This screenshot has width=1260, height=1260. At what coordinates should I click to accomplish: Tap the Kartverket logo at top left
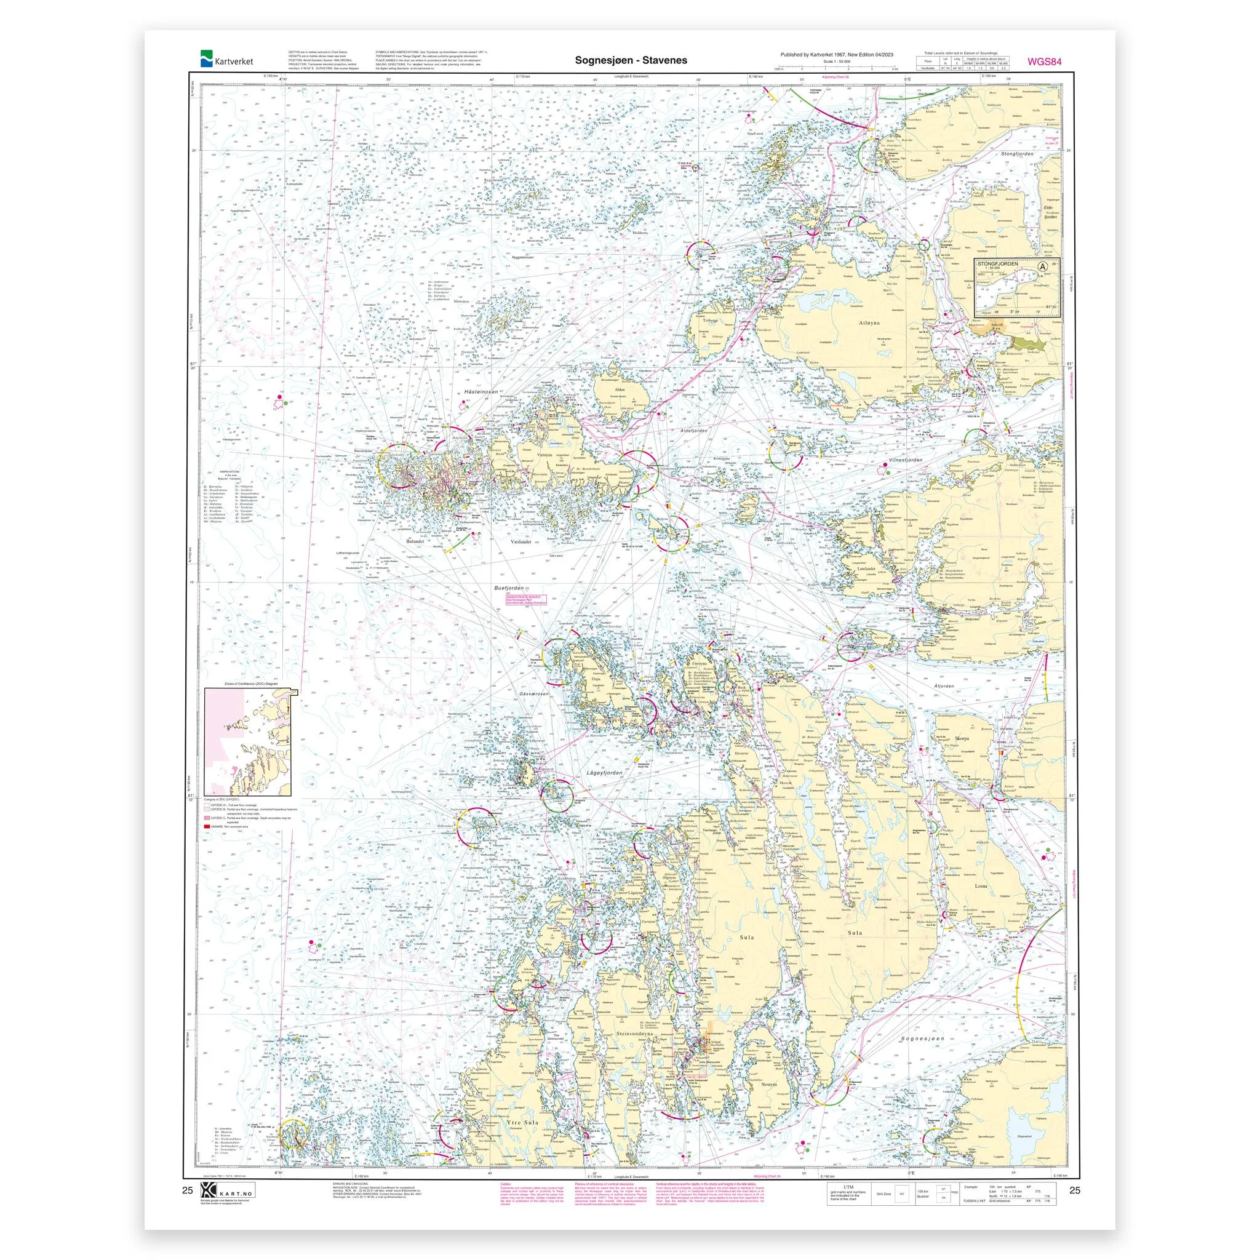point(228,60)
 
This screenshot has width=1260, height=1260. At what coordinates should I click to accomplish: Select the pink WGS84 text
point(1045,63)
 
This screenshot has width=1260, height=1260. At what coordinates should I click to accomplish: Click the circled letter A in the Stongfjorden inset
point(1044,266)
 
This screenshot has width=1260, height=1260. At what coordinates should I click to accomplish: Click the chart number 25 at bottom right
point(1075,1190)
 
